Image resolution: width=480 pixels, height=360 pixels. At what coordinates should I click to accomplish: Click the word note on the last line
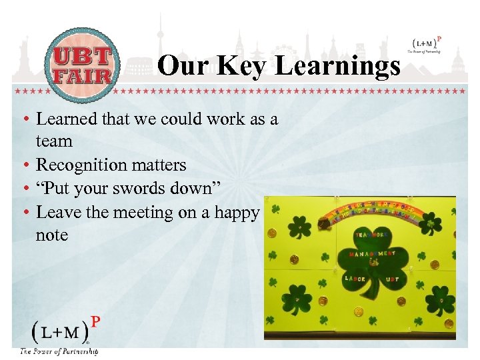tap(52, 235)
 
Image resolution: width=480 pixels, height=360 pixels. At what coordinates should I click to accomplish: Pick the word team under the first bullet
tap(54, 141)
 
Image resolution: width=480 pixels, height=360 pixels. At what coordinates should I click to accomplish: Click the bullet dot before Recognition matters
tap(24, 165)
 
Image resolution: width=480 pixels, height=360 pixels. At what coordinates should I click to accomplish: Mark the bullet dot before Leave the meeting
tap(24, 213)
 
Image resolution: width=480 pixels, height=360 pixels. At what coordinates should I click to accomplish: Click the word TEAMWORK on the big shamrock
tap(371, 235)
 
